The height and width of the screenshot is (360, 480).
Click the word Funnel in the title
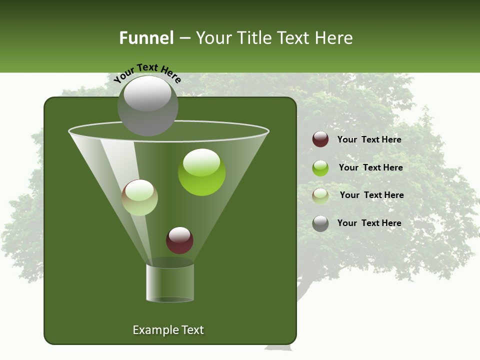[x=146, y=38]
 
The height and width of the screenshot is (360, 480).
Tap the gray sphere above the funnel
[x=148, y=105]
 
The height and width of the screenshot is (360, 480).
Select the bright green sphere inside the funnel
[x=202, y=172]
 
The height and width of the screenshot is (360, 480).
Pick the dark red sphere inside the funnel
[x=179, y=240]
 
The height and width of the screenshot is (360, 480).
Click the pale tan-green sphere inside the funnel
[x=140, y=197]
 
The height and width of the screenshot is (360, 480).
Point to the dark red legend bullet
[x=320, y=139]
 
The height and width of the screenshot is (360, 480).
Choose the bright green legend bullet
[x=320, y=167]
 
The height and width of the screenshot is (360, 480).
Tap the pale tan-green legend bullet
[x=320, y=195]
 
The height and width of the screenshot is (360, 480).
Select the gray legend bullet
[x=320, y=223]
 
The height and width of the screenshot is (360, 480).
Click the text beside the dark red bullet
[x=369, y=139]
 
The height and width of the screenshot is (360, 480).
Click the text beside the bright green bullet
[x=370, y=167]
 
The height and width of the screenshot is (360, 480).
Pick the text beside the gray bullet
[x=369, y=223]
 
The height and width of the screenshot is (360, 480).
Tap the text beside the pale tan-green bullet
[x=371, y=195]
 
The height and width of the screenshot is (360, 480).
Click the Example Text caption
[x=168, y=330]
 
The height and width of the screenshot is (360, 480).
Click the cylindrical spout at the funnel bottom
[x=170, y=282]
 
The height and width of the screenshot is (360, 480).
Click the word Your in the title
[x=212, y=38]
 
